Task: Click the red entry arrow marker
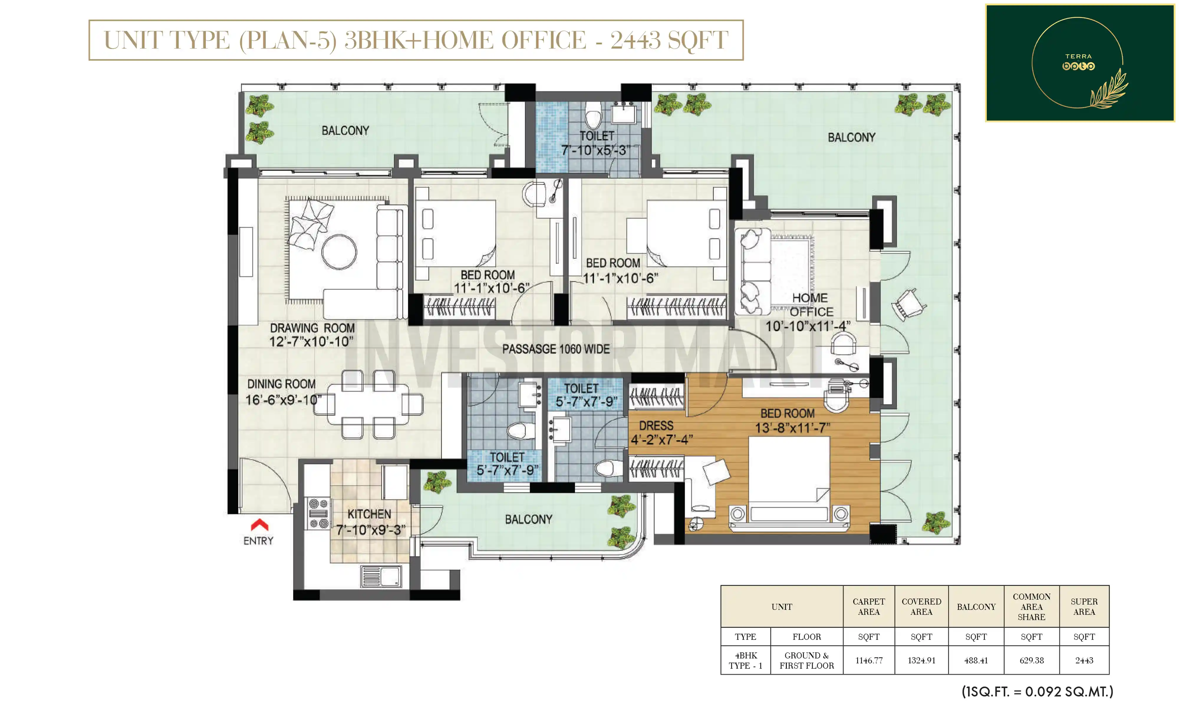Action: (259, 525)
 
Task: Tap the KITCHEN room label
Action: (369, 514)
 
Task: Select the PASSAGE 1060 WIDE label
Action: (556, 349)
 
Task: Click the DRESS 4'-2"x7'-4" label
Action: (661, 432)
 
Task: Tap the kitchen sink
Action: (381, 576)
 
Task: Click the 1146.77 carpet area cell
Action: (869, 660)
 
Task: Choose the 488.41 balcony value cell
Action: (976, 660)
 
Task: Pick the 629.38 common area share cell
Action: (1031, 660)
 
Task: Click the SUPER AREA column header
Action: (1084, 607)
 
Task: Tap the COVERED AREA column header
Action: (921, 607)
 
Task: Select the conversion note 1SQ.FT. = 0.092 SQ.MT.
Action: (1038, 691)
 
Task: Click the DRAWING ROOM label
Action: (312, 328)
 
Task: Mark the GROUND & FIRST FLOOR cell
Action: (806, 660)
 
